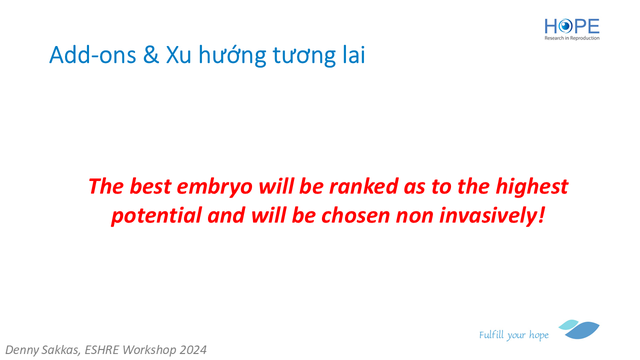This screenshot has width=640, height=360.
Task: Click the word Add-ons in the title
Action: (x=92, y=55)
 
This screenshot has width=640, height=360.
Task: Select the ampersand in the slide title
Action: (x=151, y=55)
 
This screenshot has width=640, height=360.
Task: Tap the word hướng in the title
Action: (x=232, y=55)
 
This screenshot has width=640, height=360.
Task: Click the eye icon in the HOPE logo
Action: (x=565, y=26)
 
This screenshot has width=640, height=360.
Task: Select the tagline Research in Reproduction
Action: (x=571, y=38)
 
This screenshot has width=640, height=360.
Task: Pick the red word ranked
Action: (x=363, y=186)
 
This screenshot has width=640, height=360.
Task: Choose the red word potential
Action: (x=156, y=216)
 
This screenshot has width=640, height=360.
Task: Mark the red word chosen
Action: (x=355, y=215)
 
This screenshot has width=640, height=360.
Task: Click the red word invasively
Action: (x=488, y=216)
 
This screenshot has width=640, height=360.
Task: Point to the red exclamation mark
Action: (x=541, y=215)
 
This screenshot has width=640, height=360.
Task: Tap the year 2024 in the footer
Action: (x=193, y=350)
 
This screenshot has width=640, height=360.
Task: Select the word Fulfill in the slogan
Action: (x=491, y=334)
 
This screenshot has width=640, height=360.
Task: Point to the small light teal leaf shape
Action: (x=568, y=324)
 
